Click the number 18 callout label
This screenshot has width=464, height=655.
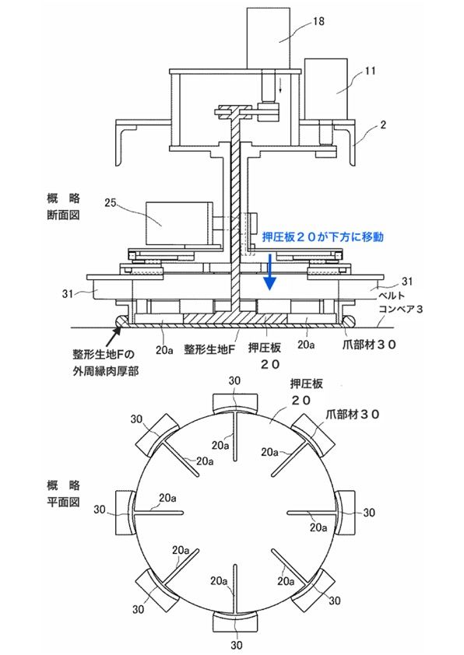click(x=318, y=20)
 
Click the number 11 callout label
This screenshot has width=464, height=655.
click(x=370, y=71)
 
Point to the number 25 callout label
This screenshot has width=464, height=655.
click(x=110, y=205)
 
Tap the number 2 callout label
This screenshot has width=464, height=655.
click(x=383, y=124)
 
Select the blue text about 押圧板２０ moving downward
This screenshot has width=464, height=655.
click(x=322, y=236)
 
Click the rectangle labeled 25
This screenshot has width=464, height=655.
click(x=179, y=222)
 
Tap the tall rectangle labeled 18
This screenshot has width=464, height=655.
click(x=268, y=38)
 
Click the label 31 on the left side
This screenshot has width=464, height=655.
click(x=68, y=294)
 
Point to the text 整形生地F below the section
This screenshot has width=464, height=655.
click(x=209, y=349)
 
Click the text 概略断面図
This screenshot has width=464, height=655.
click(x=63, y=206)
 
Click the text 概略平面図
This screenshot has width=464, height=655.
click(x=63, y=493)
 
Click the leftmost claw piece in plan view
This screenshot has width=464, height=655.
click(x=125, y=513)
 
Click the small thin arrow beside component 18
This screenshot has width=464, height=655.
click(x=281, y=86)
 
